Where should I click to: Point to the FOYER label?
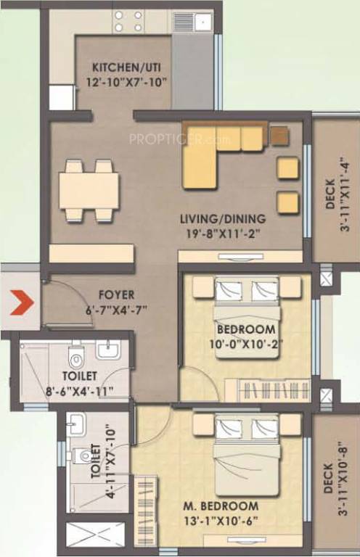click(x=116, y=295)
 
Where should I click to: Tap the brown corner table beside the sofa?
click(x=279, y=135)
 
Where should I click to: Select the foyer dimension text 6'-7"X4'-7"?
click(x=116, y=308)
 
